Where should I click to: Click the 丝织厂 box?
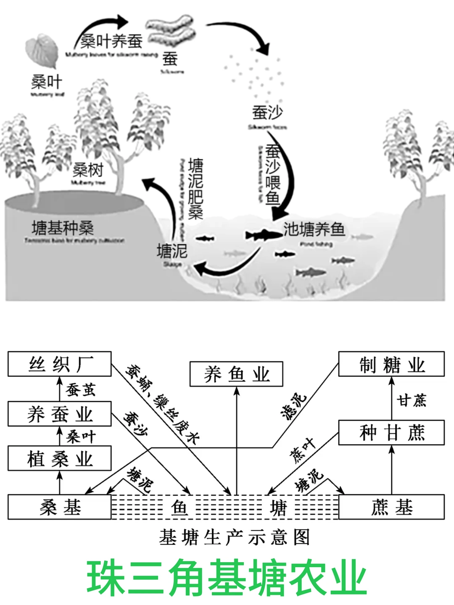tap(60, 364)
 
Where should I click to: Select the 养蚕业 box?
tap(60, 414)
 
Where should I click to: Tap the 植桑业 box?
tap(60, 459)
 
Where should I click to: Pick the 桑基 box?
tap(60, 508)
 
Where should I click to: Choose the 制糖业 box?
tap(391, 364)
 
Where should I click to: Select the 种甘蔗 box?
tap(391, 433)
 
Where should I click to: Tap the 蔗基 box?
tap(391, 508)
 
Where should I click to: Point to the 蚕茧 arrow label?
tap(81, 389)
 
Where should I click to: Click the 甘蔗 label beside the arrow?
tap(412, 400)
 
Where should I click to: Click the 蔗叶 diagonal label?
tap(302, 450)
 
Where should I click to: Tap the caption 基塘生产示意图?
tap(234, 537)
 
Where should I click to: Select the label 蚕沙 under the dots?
tap(267, 113)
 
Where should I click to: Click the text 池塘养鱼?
tap(314, 229)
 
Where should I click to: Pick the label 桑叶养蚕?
tap(112, 41)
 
